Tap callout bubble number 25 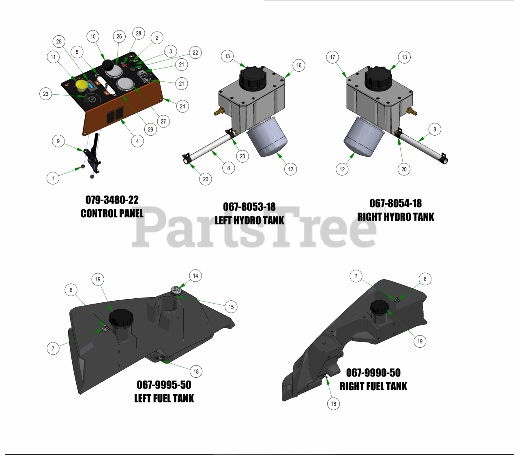point(59,41)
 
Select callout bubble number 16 point(299,65)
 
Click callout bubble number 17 point(332,57)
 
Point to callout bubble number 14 point(195,276)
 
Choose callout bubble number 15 point(231,307)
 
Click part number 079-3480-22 point(112,200)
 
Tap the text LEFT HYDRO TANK point(249,221)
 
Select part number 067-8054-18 point(395,204)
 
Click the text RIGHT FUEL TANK point(373,386)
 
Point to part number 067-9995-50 point(164,385)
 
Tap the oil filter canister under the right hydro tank point(364,137)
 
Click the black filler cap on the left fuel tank point(121,317)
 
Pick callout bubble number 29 point(150,130)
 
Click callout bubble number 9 point(58,141)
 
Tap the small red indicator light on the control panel point(125,66)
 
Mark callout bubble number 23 point(45,94)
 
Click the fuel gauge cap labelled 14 point(176,291)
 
